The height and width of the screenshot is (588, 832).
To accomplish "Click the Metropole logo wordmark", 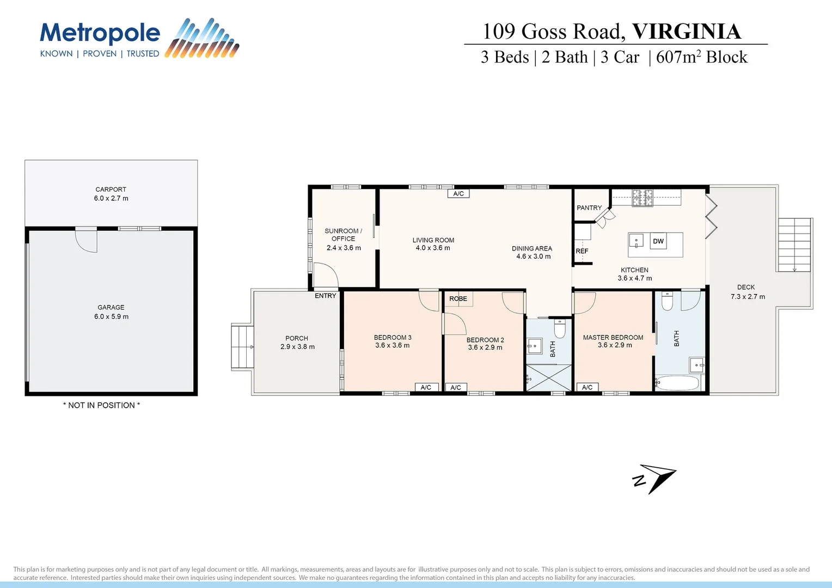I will point(100,34).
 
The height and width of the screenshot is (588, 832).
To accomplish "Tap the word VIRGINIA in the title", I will point(686,32).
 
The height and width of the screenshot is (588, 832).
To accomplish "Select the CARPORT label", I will point(111,189).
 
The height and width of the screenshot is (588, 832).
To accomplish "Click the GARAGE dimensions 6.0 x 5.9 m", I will point(111,316).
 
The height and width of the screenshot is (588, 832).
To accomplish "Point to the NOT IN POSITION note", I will point(101,405).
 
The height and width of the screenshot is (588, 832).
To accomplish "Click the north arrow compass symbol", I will point(656,478).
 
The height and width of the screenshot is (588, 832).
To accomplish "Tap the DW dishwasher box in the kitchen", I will point(658,241).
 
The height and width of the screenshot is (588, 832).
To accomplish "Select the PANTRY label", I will point(589,208).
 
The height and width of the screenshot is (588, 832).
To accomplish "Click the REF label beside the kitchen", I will point(582,251).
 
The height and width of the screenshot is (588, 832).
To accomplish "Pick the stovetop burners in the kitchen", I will point(643,198).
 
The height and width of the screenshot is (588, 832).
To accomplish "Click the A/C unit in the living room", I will point(458,193).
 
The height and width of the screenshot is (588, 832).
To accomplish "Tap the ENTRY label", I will point(325,296).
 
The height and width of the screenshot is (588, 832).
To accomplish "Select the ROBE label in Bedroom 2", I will point(458,298).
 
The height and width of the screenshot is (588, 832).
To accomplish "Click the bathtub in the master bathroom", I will point(677,383).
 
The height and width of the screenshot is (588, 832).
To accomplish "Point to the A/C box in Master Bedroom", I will point(587,387).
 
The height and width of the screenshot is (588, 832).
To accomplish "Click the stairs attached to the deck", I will point(794,244).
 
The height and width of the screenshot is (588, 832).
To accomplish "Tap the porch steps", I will point(242,347).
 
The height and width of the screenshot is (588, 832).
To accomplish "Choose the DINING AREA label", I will point(531,248).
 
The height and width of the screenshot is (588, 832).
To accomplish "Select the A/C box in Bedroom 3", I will point(426,387).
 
